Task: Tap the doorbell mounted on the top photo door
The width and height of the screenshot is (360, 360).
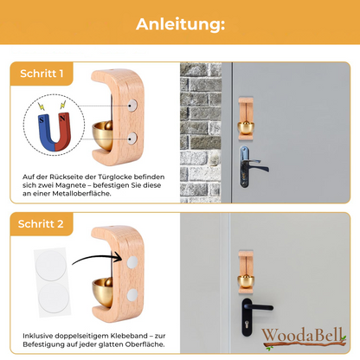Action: (245, 121)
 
